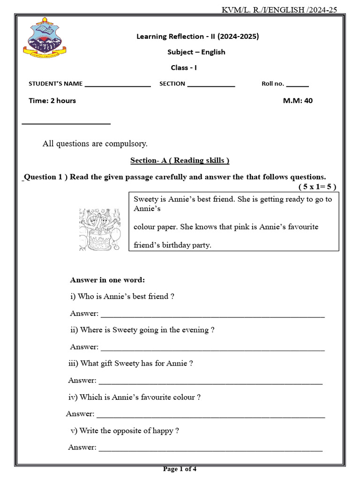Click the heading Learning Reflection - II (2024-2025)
pos(197,36)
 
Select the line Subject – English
pos(196,52)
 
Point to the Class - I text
pos(184,67)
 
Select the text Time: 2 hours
pos(52,100)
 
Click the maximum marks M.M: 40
pos(298,100)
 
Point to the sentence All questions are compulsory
pos(95,143)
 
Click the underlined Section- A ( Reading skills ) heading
pos(180,160)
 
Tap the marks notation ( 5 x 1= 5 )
pos(317,186)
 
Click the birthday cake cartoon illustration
pos(99,229)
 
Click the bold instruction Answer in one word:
pos(107,280)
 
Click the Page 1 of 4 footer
pos(180,469)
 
